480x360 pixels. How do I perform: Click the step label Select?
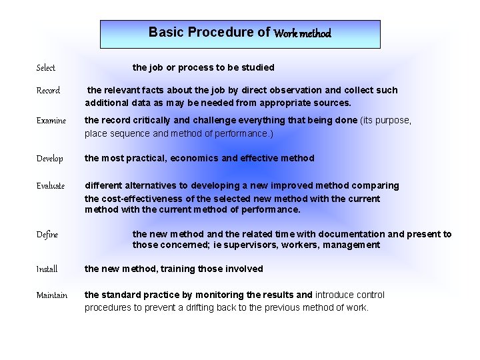point(46,67)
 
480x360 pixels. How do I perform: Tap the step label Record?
point(48,91)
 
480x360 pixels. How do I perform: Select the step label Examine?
point(51,121)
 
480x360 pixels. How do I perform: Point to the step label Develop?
point(50,159)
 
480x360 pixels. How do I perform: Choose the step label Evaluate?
point(51,186)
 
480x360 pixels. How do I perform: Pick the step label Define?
point(47,235)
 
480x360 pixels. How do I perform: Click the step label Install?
point(47,269)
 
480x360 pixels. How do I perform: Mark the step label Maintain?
point(52,295)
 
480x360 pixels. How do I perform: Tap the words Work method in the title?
point(302,33)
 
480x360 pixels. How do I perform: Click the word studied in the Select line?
point(257,67)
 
